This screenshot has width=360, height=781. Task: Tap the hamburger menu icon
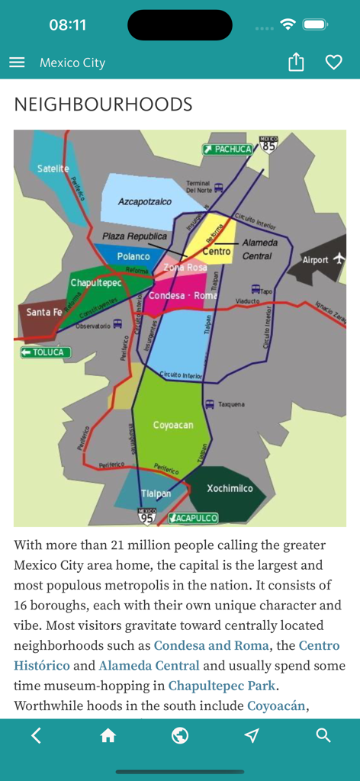click(x=17, y=63)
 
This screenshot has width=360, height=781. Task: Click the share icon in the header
click(x=296, y=63)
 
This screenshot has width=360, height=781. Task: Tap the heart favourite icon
click(x=333, y=63)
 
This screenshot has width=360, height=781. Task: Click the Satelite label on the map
click(x=53, y=169)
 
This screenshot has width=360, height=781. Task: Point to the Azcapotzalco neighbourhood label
click(x=145, y=202)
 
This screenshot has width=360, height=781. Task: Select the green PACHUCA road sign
click(x=227, y=149)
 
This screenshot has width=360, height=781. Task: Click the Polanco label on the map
click(x=133, y=256)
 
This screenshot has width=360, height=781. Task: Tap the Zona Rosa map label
click(x=185, y=268)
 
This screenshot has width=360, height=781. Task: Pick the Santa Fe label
click(x=44, y=312)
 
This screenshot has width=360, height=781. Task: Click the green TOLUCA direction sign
click(x=46, y=352)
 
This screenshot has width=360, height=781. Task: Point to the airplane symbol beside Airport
click(x=338, y=259)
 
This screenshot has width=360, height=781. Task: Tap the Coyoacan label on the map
click(x=173, y=425)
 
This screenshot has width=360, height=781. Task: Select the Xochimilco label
click(x=230, y=488)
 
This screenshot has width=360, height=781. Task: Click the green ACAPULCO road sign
click(x=193, y=518)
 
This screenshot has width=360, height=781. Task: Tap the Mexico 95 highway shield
click(x=146, y=516)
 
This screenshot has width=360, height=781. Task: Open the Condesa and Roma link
click(x=211, y=645)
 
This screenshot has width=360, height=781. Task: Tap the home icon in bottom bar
click(x=108, y=735)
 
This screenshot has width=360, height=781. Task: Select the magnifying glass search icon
click(x=323, y=735)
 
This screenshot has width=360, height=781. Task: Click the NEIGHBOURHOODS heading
click(x=103, y=104)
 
